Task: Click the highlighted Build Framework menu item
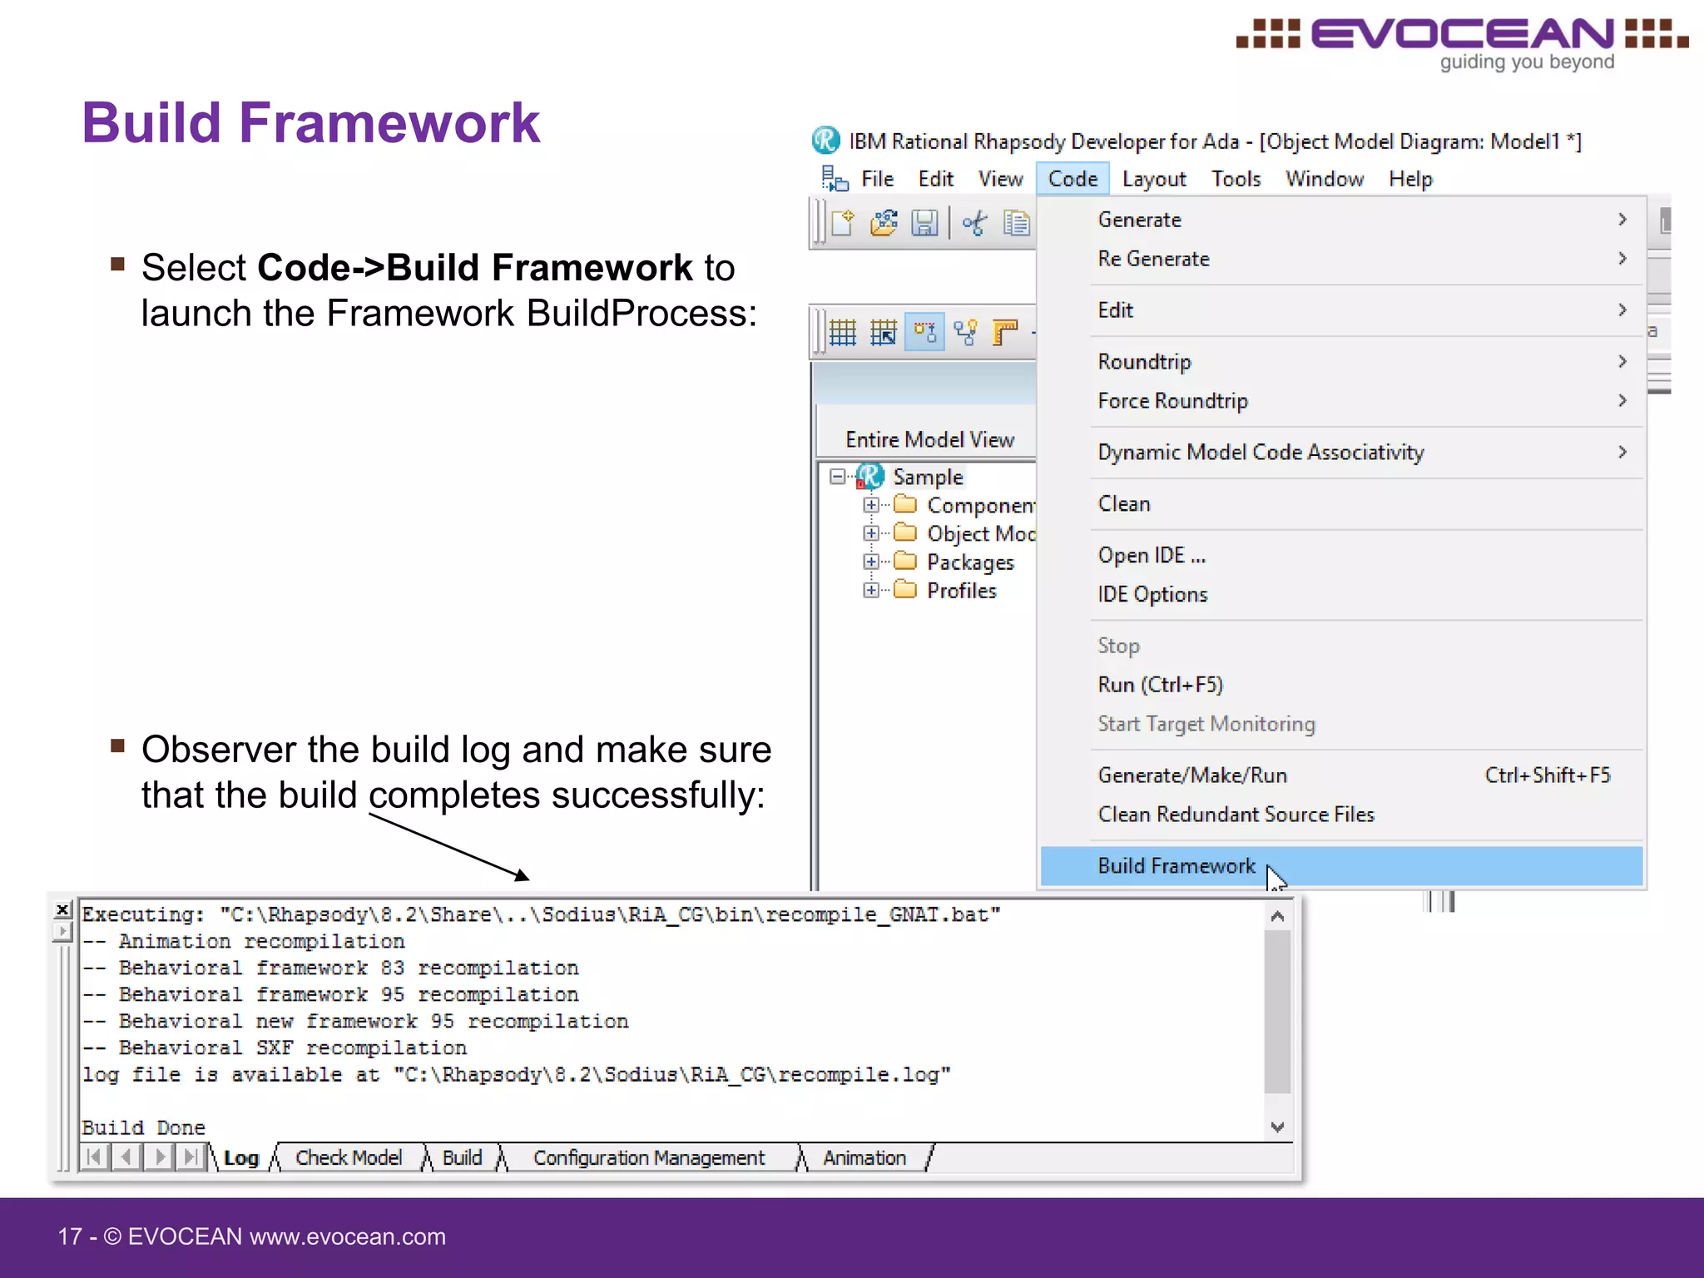coord(1176,866)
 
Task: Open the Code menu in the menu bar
coord(1072,179)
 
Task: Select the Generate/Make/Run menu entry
coord(1191,775)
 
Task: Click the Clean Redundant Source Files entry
coord(1236,815)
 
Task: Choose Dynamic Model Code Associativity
coord(1261,453)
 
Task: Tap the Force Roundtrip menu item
coord(1172,401)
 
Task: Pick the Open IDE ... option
coord(1151,555)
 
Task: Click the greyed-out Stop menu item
coord(1118,646)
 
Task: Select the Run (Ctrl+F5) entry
coord(1160,685)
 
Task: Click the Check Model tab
coord(349,1158)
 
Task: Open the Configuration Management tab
coord(648,1158)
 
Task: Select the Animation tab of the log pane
coord(864,1158)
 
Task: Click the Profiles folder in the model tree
coord(961,591)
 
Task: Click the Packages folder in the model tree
coord(970,562)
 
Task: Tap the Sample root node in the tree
coord(927,477)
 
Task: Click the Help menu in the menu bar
coord(1410,179)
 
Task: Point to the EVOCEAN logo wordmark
coord(1462,35)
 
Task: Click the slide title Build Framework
coord(311,122)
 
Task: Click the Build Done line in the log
coord(143,1127)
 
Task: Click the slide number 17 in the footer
coord(70,1236)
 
